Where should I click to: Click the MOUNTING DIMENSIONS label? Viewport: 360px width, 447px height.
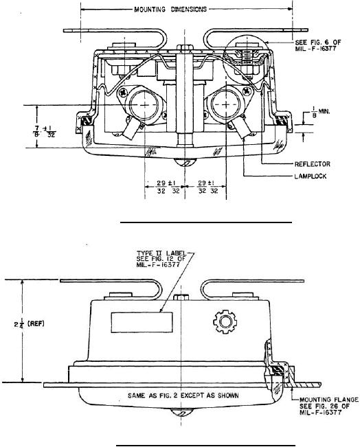[x=170, y=10]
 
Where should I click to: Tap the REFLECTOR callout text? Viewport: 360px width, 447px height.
[x=312, y=164]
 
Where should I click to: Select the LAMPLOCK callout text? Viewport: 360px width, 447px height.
[x=311, y=176]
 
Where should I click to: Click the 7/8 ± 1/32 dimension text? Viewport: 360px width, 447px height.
[x=44, y=132]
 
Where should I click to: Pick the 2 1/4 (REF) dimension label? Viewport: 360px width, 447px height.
[x=30, y=324]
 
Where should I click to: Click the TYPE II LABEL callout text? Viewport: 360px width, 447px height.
[x=161, y=259]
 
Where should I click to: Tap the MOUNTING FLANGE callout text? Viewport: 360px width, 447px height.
[x=328, y=406]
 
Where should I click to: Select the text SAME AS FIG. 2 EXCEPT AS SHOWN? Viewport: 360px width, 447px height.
[x=183, y=396]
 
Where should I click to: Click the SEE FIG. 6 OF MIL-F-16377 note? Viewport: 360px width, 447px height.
[x=318, y=45]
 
